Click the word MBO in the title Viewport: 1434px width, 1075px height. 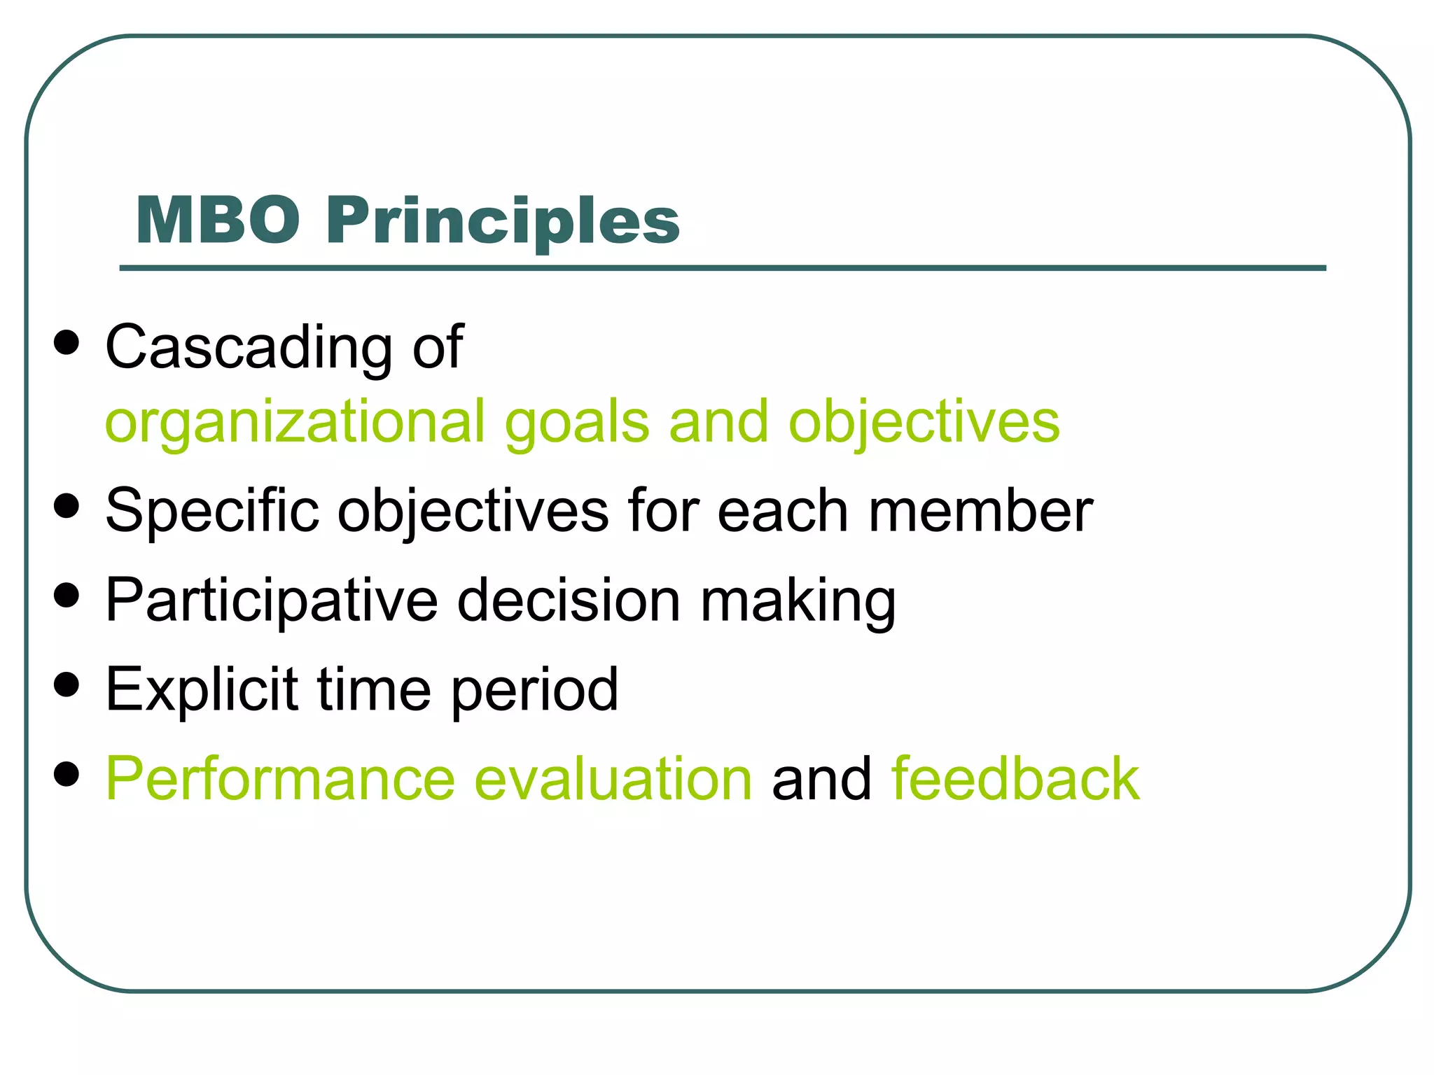click(x=218, y=220)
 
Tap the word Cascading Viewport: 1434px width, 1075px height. click(x=249, y=348)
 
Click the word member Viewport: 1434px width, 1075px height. click(x=980, y=511)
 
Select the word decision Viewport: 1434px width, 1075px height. click(x=569, y=600)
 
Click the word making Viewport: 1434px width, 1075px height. click(x=798, y=601)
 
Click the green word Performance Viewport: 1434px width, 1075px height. click(x=280, y=779)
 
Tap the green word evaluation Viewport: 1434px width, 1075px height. click(x=613, y=779)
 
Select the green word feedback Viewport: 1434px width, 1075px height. click(x=1015, y=779)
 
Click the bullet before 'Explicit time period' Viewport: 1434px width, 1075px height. click(x=67, y=684)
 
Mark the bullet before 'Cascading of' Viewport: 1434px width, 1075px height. click(x=67, y=343)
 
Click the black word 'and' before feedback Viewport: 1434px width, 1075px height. click(x=821, y=779)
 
